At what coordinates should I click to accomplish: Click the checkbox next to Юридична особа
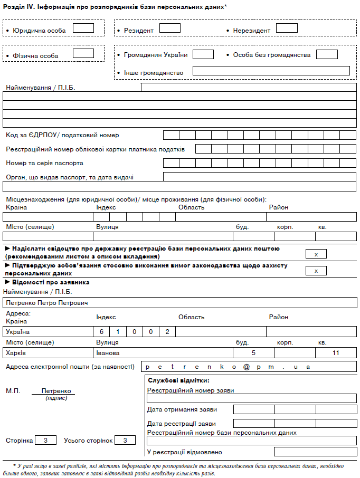pyautogui.click(x=83, y=28)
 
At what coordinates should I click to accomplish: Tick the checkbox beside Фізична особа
pyautogui.click(x=83, y=53)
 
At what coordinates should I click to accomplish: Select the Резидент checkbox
pyautogui.click(x=170, y=28)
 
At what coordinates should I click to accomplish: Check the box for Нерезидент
pyautogui.click(x=287, y=28)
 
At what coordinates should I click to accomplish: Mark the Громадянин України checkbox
pyautogui.click(x=203, y=54)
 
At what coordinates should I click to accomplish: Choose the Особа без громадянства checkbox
pyautogui.click(x=327, y=54)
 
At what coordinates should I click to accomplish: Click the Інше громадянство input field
pyautogui.click(x=271, y=71)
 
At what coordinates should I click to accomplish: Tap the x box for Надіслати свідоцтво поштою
pyautogui.click(x=316, y=254)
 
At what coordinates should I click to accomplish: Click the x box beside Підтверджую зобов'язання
pyautogui.click(x=316, y=271)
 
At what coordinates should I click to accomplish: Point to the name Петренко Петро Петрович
pyautogui.click(x=45, y=303)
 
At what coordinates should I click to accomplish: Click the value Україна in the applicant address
pyautogui.click(x=18, y=332)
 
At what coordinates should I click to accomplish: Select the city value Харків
pyautogui.click(x=15, y=353)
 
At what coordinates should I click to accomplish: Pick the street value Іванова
pyautogui.click(x=108, y=353)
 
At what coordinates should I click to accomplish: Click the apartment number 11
pyautogui.click(x=336, y=353)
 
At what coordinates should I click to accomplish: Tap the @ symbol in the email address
pyautogui.click(x=246, y=367)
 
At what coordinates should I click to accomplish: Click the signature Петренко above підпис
pyautogui.click(x=53, y=391)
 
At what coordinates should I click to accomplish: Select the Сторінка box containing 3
pyautogui.click(x=46, y=440)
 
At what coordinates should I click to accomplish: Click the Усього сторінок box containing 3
pyautogui.click(x=125, y=440)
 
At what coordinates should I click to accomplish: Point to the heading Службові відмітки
pyautogui.click(x=179, y=380)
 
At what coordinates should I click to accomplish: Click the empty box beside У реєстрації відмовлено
pyautogui.click(x=316, y=452)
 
